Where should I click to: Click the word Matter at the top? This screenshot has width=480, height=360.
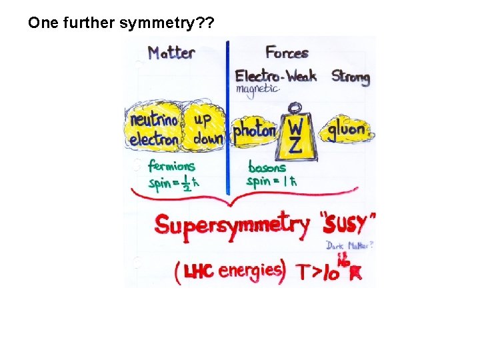[x=171, y=53]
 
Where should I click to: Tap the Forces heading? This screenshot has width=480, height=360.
[x=287, y=52]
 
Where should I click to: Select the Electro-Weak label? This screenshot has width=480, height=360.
[x=275, y=76]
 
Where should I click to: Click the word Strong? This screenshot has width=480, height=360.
[x=350, y=77]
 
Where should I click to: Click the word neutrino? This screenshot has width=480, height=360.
[x=154, y=121]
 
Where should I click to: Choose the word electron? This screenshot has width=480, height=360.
[x=154, y=139]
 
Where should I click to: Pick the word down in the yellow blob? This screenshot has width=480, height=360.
[x=207, y=139]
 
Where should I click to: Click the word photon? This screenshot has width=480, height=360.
[x=254, y=131]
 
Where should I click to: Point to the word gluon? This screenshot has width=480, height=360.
[x=347, y=129]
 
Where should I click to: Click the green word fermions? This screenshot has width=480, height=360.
[x=171, y=167]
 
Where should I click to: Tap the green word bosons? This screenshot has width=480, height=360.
[x=267, y=167]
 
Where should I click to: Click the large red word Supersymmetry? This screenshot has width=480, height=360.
[x=232, y=225]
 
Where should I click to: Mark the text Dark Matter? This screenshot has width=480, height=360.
[x=349, y=245]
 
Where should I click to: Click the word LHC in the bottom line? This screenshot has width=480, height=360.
[x=199, y=270]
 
